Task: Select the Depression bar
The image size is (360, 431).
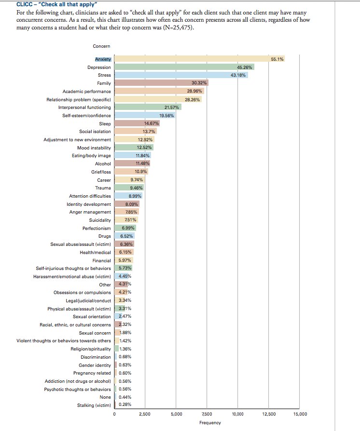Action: pos(183,67)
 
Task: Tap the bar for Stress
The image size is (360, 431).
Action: pos(181,75)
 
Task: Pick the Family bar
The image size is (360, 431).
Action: pos(161,83)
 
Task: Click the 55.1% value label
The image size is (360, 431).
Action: pos(277,59)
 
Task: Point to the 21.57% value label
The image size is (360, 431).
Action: pos(172,108)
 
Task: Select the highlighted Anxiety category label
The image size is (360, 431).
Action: pos(103,59)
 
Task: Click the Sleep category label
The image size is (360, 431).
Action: pos(105,124)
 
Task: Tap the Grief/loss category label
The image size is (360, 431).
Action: pos(101,172)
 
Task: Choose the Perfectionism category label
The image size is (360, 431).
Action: pos(96,228)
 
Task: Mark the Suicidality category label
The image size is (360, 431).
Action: pos(99,220)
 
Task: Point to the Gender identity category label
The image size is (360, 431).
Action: pos(96,365)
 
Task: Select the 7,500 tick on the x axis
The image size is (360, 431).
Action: pos(207,414)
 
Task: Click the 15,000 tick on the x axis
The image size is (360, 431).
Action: pos(300,414)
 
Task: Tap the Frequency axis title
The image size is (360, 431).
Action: pos(210,423)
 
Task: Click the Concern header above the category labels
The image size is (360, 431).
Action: pos(101,46)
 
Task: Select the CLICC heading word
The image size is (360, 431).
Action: pos(24,4)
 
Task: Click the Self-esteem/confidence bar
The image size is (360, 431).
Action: pos(145,116)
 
